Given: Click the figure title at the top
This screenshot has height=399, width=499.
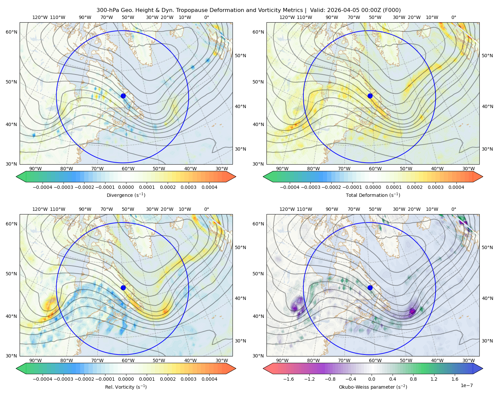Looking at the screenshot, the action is click(x=249, y=10).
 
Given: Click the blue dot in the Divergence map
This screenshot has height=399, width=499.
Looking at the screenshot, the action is click(x=123, y=96).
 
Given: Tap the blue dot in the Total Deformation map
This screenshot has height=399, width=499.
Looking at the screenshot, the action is click(x=370, y=96).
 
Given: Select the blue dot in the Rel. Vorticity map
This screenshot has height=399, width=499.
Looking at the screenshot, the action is click(x=123, y=288).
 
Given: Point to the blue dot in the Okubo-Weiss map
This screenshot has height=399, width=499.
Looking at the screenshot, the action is click(x=370, y=288).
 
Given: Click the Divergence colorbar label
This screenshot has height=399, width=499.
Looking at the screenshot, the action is click(x=126, y=195).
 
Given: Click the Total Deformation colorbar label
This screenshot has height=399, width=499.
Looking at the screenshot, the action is click(x=373, y=195).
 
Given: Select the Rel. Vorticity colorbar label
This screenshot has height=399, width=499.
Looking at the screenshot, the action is click(x=126, y=387).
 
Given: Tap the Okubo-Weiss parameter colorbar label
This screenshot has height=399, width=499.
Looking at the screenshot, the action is click(x=373, y=387).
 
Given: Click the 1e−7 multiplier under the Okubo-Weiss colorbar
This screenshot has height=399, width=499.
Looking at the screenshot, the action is click(x=466, y=386).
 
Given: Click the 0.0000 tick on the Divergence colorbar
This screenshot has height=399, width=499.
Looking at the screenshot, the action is click(x=126, y=187).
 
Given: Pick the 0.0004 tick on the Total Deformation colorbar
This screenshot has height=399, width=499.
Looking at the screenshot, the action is click(x=456, y=187).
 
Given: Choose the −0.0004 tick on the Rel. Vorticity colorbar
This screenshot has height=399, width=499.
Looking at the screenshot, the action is click(x=43, y=379).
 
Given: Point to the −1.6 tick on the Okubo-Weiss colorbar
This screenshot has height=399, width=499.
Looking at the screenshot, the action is click(x=288, y=379).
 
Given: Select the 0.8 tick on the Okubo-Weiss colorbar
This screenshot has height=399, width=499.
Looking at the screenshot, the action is click(x=413, y=379).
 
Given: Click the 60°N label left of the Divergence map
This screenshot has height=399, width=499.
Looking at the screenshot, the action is click(x=11, y=32).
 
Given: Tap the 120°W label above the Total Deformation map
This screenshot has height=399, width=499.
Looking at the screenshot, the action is click(x=287, y=17).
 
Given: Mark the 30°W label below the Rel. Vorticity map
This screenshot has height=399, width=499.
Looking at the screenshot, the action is click(x=222, y=360).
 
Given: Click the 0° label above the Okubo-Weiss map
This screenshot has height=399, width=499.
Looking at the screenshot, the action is click(x=453, y=209).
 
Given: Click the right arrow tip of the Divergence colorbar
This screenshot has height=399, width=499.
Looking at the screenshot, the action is click(x=236, y=177).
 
